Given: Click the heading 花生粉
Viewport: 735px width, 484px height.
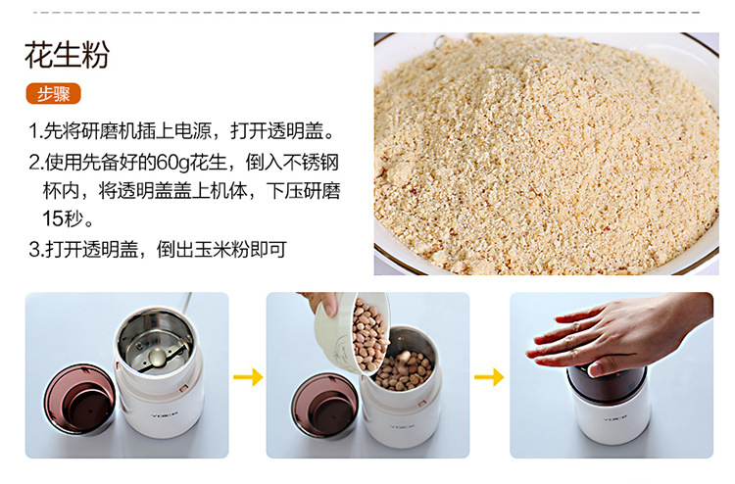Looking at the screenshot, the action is tap(67, 55).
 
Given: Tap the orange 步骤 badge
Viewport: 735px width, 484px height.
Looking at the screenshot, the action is tap(54, 94).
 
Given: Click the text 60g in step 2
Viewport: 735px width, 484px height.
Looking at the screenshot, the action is tap(172, 163).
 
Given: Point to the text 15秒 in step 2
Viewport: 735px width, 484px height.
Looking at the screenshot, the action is tap(63, 218).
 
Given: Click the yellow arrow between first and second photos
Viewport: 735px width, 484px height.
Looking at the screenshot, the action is tap(248, 376).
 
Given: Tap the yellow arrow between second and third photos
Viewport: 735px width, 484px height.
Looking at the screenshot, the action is tap(489, 376).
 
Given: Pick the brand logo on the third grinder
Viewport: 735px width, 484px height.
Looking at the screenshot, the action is tap(615, 418).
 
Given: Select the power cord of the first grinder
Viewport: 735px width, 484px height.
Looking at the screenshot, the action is tap(187, 304).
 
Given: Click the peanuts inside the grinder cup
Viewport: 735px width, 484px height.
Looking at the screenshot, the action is tap(403, 370).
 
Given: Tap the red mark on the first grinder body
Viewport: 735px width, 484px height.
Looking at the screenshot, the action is tap(183, 388).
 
